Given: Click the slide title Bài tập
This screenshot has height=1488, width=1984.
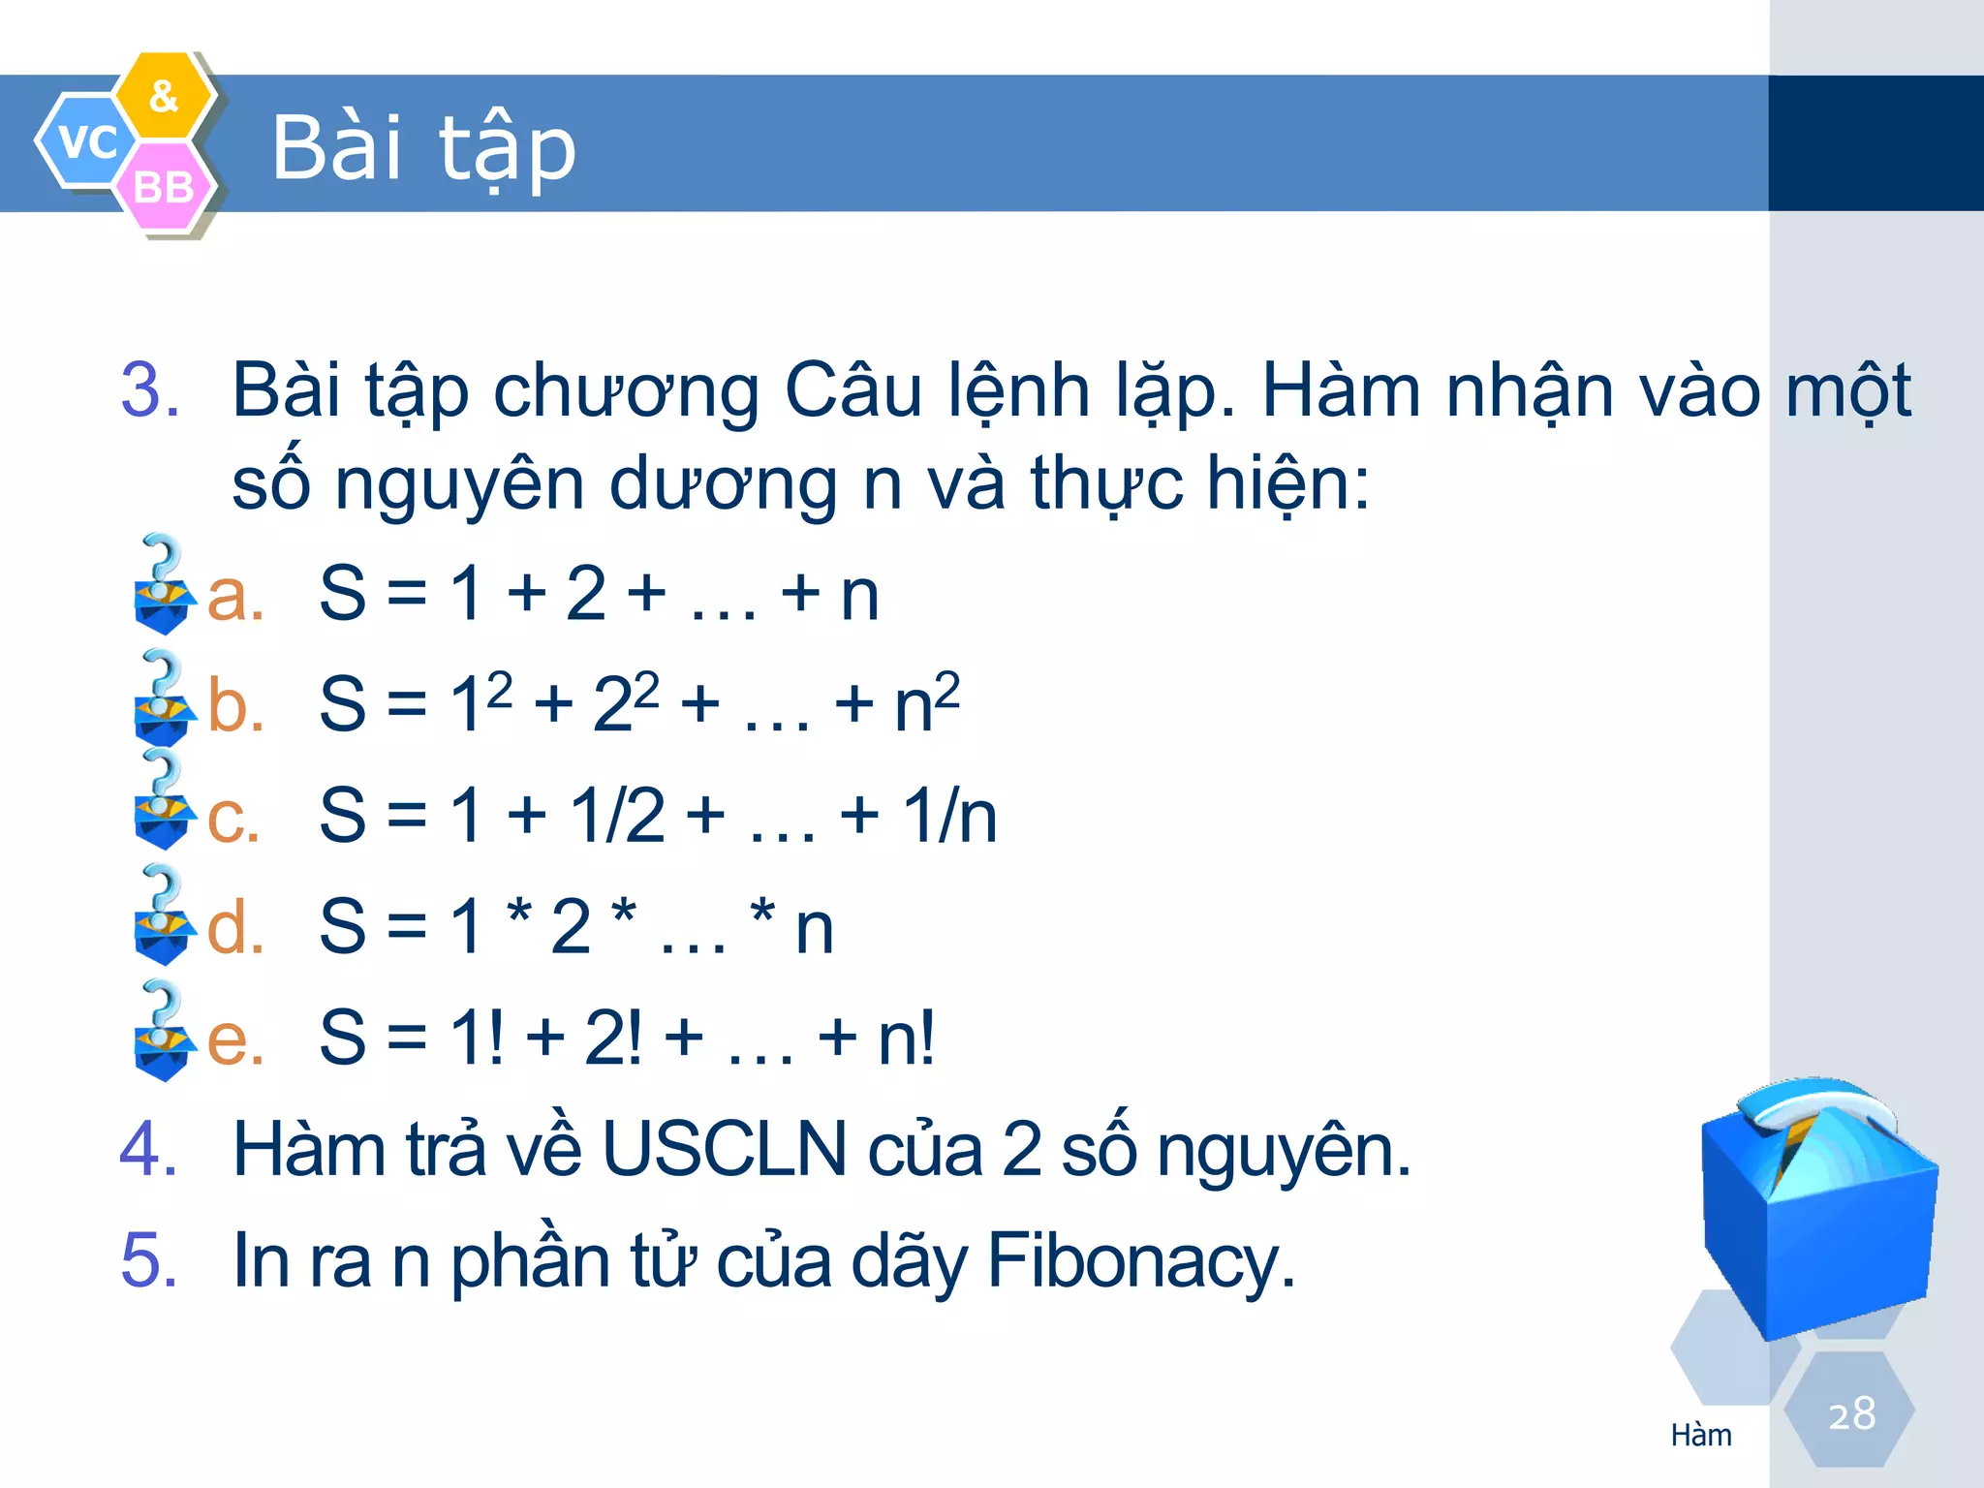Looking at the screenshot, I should tap(423, 147).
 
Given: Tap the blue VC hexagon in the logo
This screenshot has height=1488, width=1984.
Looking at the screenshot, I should tap(85, 141).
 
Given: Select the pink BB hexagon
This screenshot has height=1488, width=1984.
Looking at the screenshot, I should tap(164, 186).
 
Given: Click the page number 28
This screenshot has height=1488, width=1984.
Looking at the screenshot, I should tap(1851, 1413).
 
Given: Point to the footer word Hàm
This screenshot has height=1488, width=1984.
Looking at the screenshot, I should tap(1701, 1435).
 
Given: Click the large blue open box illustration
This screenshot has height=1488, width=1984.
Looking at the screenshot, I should tap(1817, 1211).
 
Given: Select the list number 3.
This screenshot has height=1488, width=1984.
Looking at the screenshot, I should tap(150, 390).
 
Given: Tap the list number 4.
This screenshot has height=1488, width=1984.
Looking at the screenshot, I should tap(148, 1150).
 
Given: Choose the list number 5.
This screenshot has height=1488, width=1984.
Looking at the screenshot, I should tap(148, 1260).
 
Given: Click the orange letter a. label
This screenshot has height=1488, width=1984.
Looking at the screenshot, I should tap(235, 595).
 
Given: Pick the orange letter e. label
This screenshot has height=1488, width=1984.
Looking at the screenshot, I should tap(235, 1038).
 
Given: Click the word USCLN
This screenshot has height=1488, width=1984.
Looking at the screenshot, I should tap(724, 1150).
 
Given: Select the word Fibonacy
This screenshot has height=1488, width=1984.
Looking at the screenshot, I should tap(1140, 1260).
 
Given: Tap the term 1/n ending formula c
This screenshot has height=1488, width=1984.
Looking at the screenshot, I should tap(949, 816).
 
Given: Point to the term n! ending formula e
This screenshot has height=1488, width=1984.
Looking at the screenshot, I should tap(906, 1038).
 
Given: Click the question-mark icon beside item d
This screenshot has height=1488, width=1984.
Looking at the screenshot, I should tap(163, 915).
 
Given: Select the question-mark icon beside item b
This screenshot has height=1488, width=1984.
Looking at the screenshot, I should tap(163, 697).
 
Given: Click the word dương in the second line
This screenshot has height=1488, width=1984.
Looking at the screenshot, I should tap(724, 483).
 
